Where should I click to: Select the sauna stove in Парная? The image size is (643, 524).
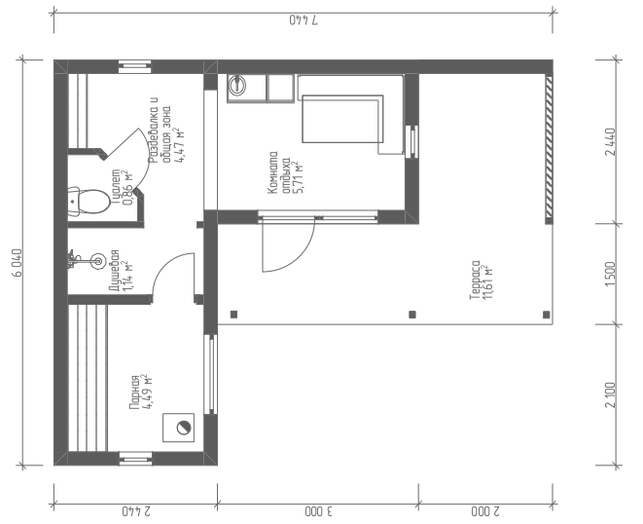[x=178, y=428]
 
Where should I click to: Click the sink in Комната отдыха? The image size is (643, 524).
[x=237, y=85]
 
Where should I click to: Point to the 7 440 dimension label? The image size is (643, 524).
[x=304, y=20]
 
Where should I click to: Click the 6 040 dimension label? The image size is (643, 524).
[x=18, y=263]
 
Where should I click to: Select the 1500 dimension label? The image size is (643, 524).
[x=611, y=274]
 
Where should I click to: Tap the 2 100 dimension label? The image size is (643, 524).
[x=611, y=395]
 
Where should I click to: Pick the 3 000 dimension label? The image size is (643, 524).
[x=319, y=511]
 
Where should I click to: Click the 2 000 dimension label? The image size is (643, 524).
[x=485, y=511]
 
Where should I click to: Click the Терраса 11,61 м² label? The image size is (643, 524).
[x=481, y=281]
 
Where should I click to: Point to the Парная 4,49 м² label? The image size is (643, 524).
[x=141, y=393]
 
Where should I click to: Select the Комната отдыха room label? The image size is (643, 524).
[x=285, y=173]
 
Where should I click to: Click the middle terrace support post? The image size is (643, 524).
[x=412, y=315]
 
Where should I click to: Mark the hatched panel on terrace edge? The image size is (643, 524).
[x=549, y=149]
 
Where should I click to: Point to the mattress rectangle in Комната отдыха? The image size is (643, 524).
[x=342, y=119]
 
